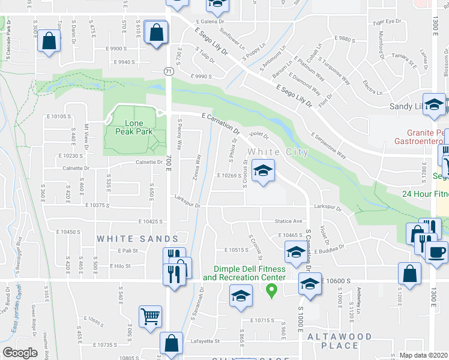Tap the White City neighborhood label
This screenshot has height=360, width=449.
(278, 152)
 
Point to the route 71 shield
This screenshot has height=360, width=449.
(169, 71)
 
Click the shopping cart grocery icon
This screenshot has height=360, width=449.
(150, 315)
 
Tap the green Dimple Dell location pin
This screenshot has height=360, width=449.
(271, 291)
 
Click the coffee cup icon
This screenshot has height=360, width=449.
(436, 250)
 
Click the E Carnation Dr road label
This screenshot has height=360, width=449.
(221, 124)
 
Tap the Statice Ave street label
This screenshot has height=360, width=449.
(289, 221)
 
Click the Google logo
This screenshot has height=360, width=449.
(20, 353)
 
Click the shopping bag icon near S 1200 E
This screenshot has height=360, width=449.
(409, 273)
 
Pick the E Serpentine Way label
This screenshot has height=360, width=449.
(328, 145)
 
